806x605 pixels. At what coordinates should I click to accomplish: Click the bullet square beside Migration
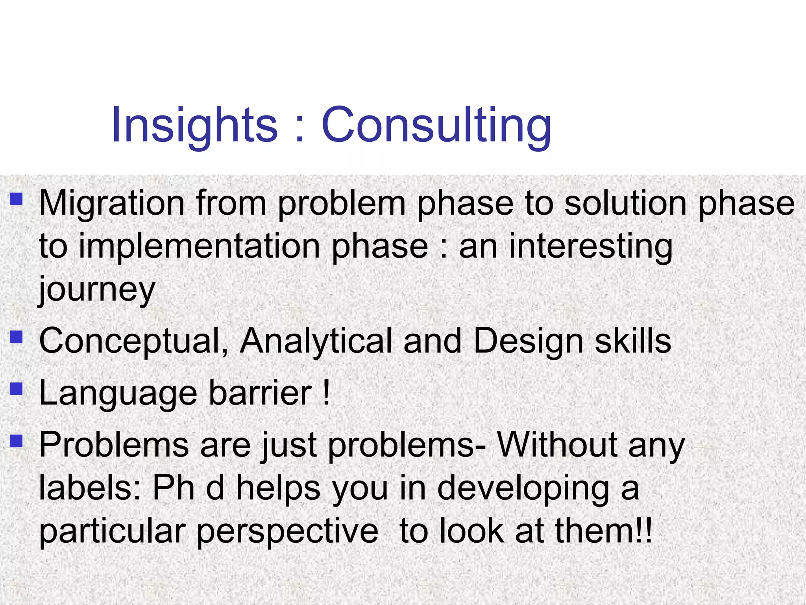(x=16, y=199)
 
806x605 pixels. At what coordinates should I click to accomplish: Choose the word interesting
(x=590, y=247)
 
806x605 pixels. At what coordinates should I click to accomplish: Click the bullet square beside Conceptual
(x=16, y=337)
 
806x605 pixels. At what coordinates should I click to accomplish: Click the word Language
(x=118, y=393)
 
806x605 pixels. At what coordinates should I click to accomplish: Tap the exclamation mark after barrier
(x=325, y=393)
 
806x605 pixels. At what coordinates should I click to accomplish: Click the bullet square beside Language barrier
(x=16, y=389)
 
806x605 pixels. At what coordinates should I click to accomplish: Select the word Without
(x=557, y=445)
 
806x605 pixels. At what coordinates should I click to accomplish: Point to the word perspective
(x=287, y=531)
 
